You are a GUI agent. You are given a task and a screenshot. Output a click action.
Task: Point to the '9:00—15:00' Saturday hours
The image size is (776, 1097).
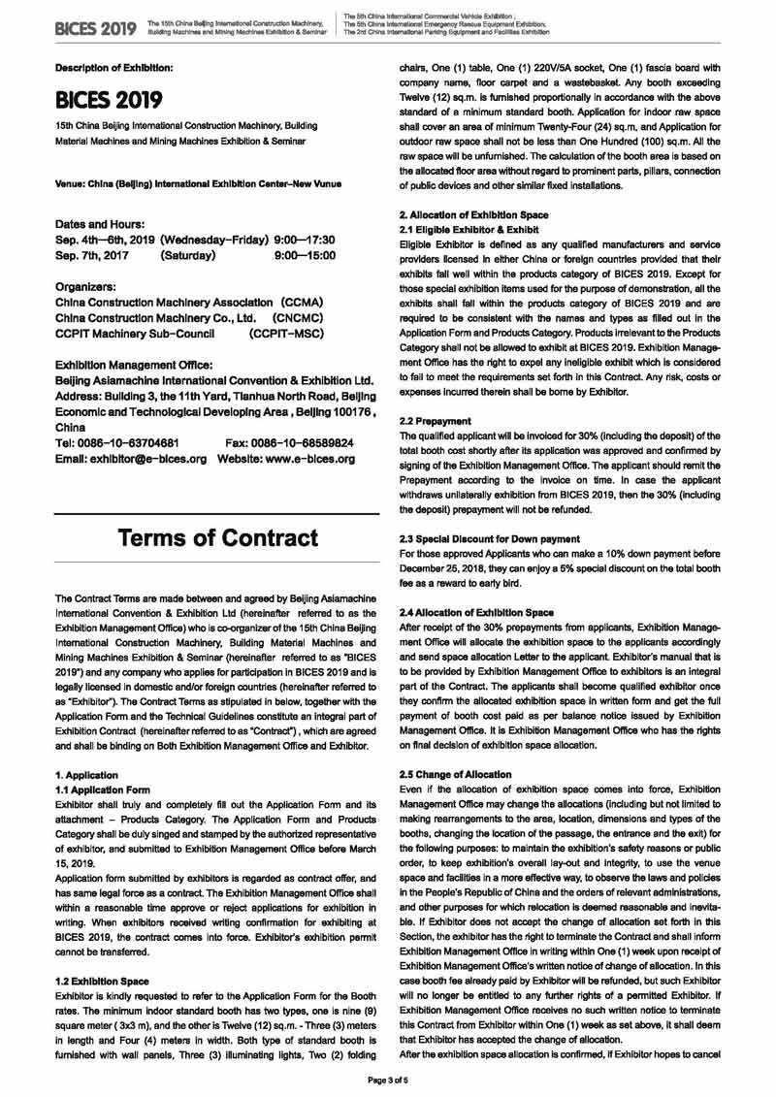[306, 255]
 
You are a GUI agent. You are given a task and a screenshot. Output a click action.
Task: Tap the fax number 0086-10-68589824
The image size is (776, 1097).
[289, 442]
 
